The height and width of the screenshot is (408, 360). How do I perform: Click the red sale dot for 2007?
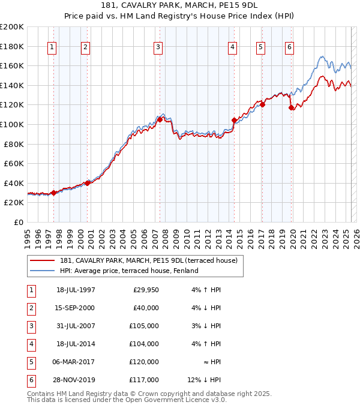tap(160, 119)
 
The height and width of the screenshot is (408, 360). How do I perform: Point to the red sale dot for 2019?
tap(291, 108)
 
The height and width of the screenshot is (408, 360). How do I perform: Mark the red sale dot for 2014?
tap(234, 121)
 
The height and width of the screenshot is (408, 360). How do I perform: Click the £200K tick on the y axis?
tap(12, 27)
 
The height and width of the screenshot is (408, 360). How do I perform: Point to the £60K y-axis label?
tap(14, 163)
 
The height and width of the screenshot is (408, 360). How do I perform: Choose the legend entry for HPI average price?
tap(129, 271)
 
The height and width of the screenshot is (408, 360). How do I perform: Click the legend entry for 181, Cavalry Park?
tap(149, 260)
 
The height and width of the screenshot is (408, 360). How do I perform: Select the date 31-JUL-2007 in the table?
tap(75, 326)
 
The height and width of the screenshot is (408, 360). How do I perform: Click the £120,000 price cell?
tap(144, 362)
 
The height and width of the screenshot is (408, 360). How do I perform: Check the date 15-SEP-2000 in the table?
tap(75, 308)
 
